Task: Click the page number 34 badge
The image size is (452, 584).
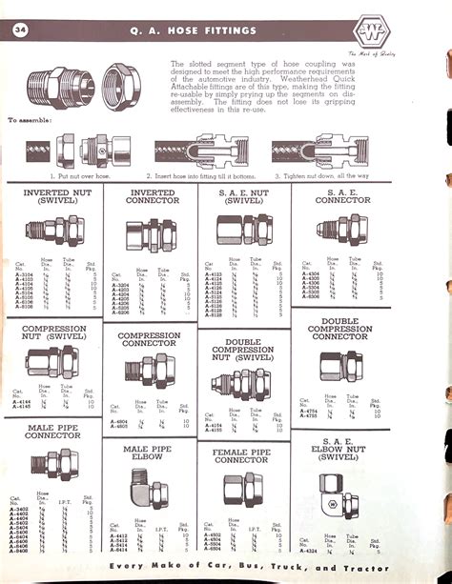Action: pos(20,30)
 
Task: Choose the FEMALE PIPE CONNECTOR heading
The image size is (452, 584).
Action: pos(242,454)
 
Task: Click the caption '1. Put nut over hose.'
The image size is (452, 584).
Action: pos(67,176)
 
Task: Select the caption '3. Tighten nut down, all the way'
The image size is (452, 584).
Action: pos(324,176)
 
